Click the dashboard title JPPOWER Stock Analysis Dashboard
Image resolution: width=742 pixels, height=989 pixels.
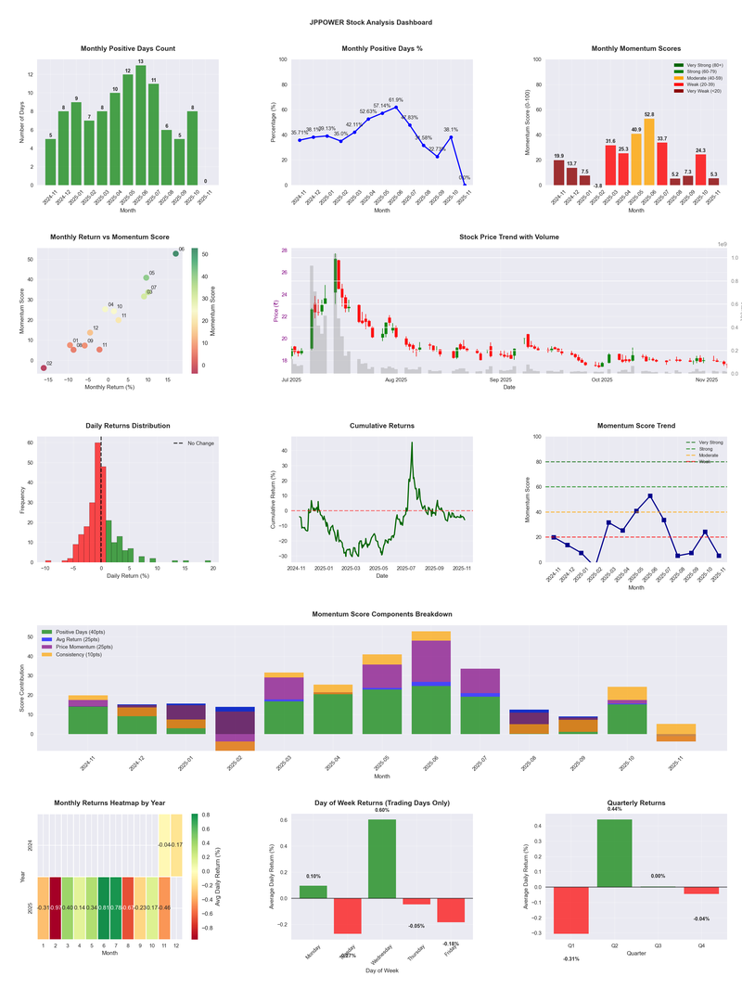371,21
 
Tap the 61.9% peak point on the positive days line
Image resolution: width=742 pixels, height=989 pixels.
396,107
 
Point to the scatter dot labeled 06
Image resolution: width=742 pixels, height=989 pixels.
175,253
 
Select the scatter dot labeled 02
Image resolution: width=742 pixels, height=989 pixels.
43,368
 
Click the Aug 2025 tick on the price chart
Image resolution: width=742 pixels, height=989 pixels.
396,379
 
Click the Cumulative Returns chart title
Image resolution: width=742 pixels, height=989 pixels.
382,425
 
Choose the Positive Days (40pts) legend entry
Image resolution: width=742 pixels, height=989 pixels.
85,630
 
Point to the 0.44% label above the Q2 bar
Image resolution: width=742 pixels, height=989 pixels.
616,809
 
